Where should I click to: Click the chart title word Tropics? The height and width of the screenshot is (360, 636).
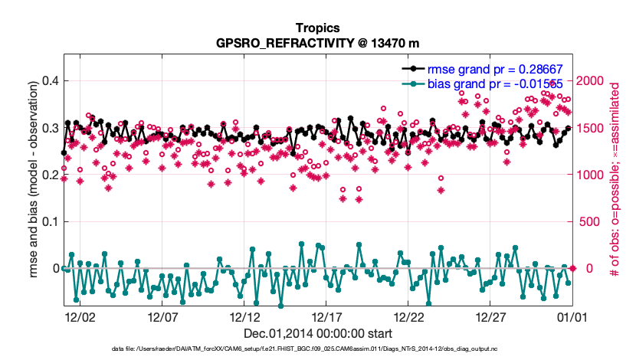(317, 27)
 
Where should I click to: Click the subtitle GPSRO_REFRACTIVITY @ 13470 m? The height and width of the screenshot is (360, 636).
(317, 42)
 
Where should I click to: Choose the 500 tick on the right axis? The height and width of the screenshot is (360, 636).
(588, 221)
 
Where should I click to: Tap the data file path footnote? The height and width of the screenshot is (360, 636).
(317, 349)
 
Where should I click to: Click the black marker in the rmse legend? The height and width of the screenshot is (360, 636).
(415, 68)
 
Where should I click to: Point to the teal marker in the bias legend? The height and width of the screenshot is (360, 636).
(415, 83)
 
